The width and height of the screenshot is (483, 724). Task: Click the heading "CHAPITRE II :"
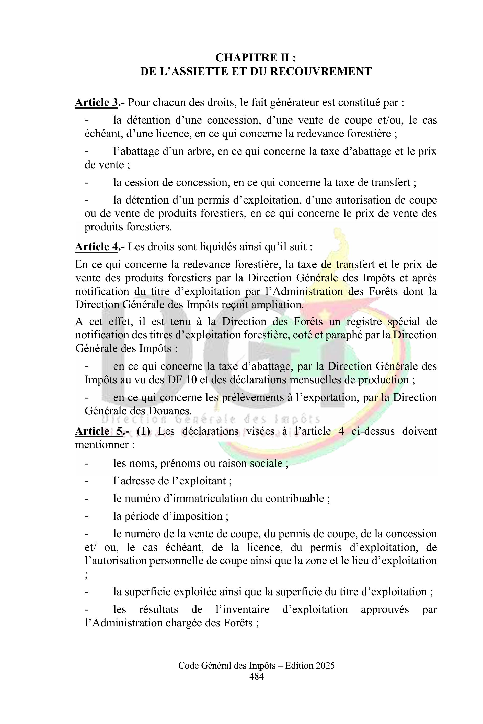pyautogui.click(x=256, y=57)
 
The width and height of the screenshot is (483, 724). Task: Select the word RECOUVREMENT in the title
pyautogui.click(x=321, y=72)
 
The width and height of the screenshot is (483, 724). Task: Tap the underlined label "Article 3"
pyautogui.click(x=96, y=102)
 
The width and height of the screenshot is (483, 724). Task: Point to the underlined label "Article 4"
pyautogui.click(x=96, y=247)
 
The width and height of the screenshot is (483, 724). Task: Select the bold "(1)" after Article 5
pyautogui.click(x=144, y=431)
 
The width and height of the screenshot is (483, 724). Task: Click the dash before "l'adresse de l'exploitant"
pyautogui.click(x=87, y=481)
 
